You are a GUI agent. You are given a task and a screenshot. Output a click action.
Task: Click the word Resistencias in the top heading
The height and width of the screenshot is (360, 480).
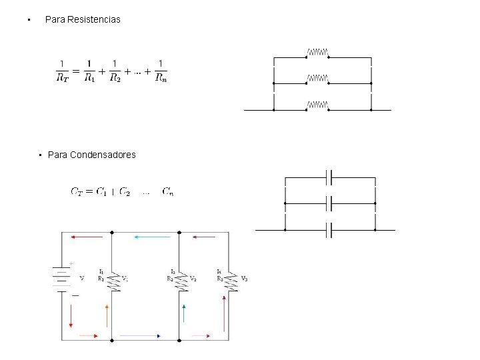[94, 20]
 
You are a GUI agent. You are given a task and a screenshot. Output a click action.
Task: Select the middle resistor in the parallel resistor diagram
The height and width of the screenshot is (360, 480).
[317, 79]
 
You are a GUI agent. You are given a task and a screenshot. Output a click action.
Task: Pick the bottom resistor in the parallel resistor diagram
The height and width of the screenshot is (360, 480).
[317, 105]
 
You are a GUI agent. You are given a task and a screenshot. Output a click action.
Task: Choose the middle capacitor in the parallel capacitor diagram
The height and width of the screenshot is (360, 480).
[329, 203]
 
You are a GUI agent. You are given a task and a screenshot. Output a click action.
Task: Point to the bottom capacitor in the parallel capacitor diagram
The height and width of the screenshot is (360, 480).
[329, 230]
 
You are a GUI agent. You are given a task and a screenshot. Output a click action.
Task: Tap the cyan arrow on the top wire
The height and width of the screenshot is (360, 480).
[147, 237]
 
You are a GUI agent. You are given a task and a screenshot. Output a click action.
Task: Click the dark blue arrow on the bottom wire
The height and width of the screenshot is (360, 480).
[140, 335]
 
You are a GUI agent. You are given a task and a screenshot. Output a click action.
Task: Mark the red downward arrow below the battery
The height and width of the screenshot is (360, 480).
[71, 315]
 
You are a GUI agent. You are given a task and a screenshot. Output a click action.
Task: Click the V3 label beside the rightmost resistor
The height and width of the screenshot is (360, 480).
[245, 279]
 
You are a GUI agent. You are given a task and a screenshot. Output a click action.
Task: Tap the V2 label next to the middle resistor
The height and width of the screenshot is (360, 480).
[193, 279]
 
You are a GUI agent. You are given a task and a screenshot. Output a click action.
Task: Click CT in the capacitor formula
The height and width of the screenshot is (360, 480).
[78, 192]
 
